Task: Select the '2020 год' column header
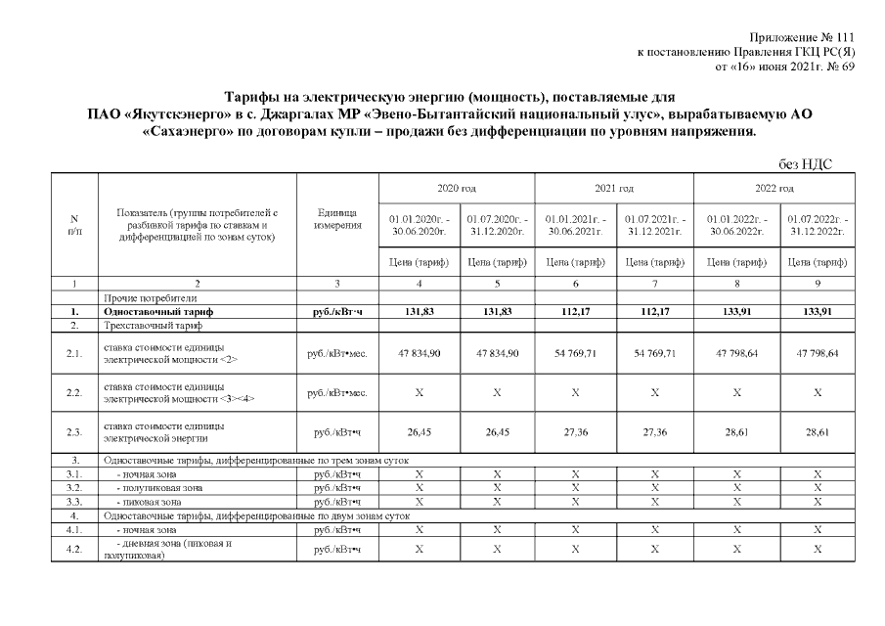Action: pos(458,187)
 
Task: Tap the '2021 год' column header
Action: pos(614,187)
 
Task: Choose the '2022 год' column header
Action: pos(774,187)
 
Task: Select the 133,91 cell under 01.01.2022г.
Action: pos(733,311)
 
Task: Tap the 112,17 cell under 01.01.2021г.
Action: pos(575,311)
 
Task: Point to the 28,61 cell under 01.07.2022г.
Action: pos(816,432)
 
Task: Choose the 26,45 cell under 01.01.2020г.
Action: pos(419,432)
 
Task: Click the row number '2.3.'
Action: pos(74,432)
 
